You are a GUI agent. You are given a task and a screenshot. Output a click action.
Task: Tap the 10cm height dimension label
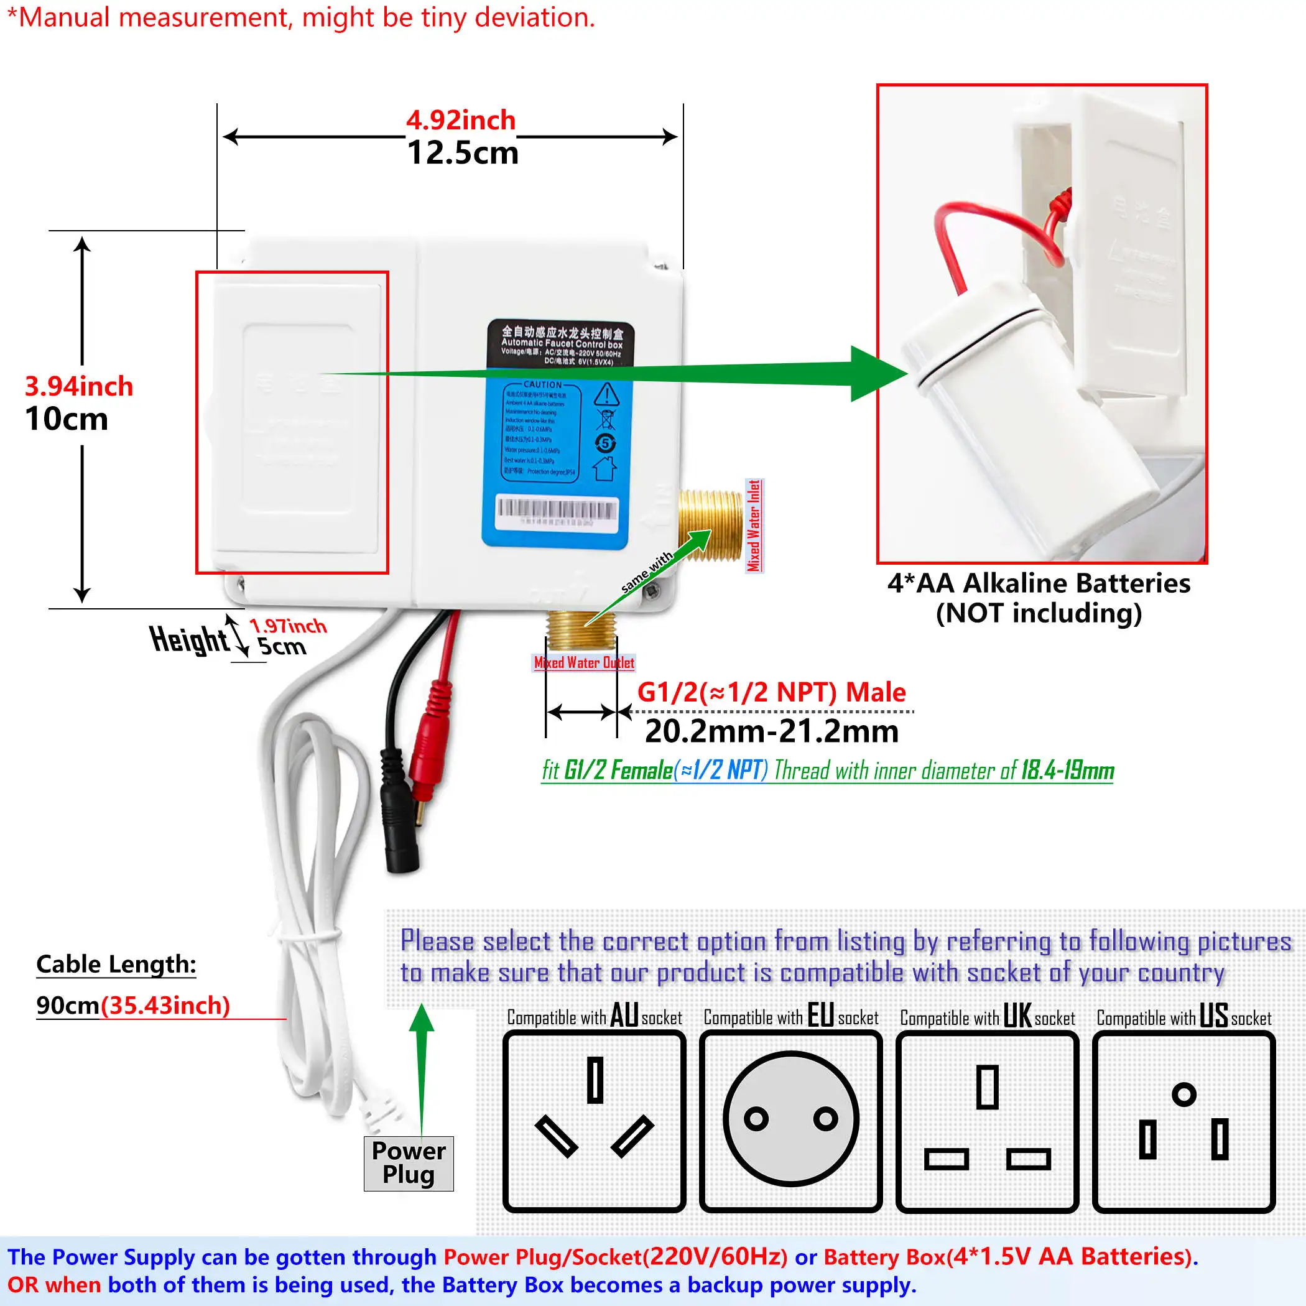point(67,419)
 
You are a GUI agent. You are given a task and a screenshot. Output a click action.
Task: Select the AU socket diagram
point(594,1121)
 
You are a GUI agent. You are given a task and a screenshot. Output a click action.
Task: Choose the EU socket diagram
point(790,1121)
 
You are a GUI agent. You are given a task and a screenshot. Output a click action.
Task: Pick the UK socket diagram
point(987,1121)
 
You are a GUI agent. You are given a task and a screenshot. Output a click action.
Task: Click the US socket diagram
point(1183,1121)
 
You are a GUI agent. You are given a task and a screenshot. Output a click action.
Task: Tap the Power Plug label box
point(409,1163)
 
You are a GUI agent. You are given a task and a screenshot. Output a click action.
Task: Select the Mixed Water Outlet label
point(584,662)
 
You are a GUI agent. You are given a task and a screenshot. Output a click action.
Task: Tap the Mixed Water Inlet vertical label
point(754,526)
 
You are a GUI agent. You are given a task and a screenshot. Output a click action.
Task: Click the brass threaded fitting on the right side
point(710,526)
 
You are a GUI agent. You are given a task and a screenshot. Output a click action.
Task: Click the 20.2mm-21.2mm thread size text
point(771,731)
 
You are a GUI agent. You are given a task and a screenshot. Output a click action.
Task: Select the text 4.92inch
point(460,120)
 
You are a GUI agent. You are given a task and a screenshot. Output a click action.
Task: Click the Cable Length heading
point(116,964)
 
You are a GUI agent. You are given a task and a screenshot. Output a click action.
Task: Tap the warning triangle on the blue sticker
point(606,394)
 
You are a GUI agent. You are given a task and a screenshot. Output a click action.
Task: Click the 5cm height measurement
point(282,647)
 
